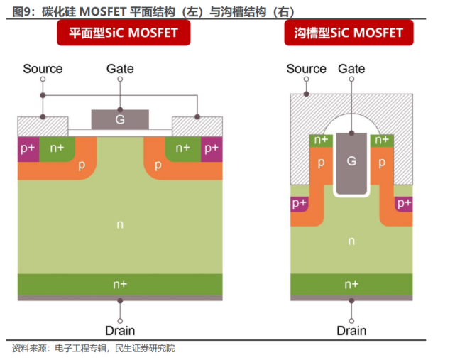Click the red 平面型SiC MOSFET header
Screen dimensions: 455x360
coord(124,33)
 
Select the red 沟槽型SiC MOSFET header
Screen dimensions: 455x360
coord(349,33)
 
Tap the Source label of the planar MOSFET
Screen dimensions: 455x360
coord(43,69)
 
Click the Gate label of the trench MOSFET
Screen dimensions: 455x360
coord(351,69)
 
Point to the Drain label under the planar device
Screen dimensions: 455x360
coord(120,331)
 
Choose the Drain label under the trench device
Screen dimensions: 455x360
coord(351,331)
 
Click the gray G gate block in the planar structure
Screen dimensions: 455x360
coord(120,119)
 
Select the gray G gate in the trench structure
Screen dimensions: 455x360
coord(351,163)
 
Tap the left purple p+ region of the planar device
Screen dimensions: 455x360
coord(28,149)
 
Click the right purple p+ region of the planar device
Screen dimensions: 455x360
coord(212,149)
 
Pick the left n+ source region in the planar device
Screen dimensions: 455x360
coord(57,148)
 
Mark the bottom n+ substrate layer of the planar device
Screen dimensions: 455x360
coord(120,285)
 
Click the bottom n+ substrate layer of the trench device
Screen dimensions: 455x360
coord(351,285)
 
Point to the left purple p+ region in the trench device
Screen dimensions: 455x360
coord(299,204)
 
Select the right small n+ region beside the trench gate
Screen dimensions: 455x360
coord(382,141)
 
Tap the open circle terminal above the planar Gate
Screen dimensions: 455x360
coord(120,79)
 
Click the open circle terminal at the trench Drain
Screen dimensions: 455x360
coord(351,321)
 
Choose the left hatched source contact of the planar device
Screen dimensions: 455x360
coord(43,126)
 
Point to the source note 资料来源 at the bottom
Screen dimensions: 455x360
coord(29,349)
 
